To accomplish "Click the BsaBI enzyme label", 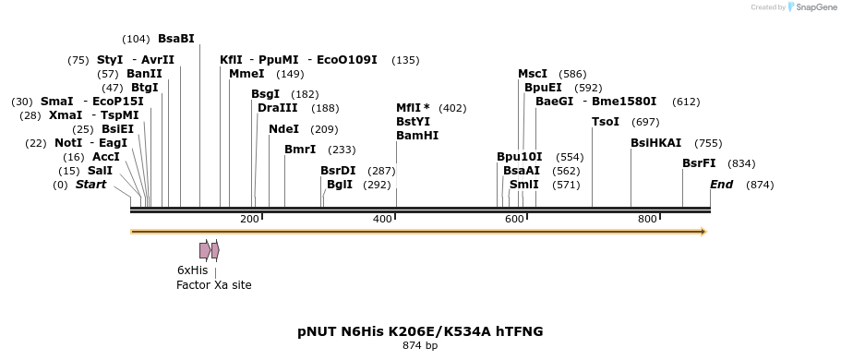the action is [x=176, y=39].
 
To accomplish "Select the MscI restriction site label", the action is [x=533, y=74].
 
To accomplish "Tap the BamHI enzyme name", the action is [x=417, y=136].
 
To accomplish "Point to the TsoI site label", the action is [x=607, y=122].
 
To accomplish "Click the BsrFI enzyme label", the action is [x=699, y=163].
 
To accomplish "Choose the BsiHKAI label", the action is [x=656, y=143].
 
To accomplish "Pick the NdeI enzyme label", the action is [x=284, y=129].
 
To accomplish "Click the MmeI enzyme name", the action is [x=246, y=74].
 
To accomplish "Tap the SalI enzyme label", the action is [x=100, y=171].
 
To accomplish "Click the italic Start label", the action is [x=90, y=185].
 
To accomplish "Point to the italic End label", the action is [x=721, y=185].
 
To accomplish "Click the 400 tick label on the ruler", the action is [x=381, y=219].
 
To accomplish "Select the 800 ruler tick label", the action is [x=647, y=219].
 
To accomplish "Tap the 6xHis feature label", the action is [x=192, y=270].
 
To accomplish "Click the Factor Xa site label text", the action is [x=213, y=285].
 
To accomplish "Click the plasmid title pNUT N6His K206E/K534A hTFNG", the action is [x=420, y=330].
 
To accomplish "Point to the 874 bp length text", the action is [x=420, y=346].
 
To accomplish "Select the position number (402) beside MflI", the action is [x=452, y=108].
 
